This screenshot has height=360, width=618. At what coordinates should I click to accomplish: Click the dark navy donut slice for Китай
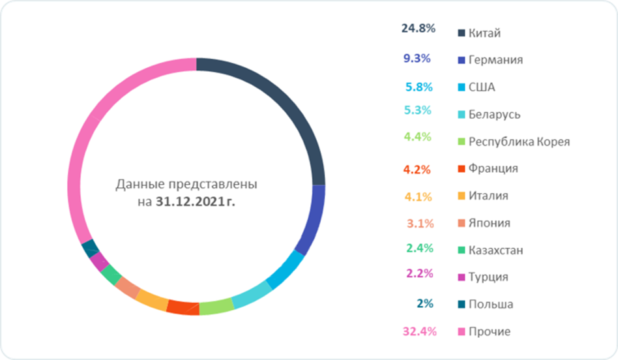[287, 104]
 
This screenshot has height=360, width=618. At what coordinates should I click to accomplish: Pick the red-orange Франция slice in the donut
[183, 306]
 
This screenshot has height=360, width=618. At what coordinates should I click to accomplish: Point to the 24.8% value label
[418, 29]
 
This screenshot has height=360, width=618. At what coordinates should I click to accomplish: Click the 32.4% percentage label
[418, 331]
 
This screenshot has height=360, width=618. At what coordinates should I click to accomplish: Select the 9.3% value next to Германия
[417, 58]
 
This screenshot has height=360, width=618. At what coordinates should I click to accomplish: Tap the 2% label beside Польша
[422, 303]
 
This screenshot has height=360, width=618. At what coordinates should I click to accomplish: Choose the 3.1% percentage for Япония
[420, 223]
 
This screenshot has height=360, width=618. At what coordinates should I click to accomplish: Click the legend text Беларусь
[494, 115]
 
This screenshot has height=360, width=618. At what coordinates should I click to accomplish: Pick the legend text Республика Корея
[520, 142]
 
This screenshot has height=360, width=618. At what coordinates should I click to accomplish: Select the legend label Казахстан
[496, 250]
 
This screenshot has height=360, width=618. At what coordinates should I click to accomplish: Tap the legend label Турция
[488, 277]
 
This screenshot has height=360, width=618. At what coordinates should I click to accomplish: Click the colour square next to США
[462, 87]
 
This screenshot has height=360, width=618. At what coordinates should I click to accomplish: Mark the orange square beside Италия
[462, 196]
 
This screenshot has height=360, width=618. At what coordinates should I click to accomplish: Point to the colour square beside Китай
[462, 33]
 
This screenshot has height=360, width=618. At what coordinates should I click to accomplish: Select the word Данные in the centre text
[138, 185]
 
